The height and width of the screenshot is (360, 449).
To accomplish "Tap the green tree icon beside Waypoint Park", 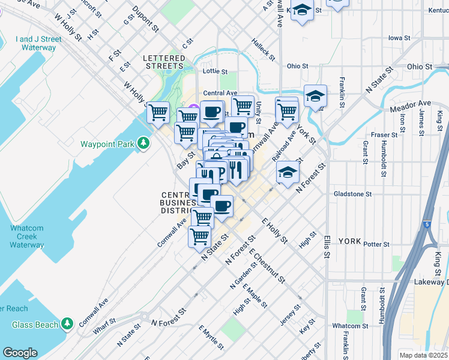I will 143,143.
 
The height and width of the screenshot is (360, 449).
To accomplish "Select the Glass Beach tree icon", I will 67,325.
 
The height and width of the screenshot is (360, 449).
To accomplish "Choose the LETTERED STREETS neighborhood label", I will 163,62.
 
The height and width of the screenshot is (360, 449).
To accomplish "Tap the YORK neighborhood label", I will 349,241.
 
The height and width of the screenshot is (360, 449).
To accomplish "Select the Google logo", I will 20,352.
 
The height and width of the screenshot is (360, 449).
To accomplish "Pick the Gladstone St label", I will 353,194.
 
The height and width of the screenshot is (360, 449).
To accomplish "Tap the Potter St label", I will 377,244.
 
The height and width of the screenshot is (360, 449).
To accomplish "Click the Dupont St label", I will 145,19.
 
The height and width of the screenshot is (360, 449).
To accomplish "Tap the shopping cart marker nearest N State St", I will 199,236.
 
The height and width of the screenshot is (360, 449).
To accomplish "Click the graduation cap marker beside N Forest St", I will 288,172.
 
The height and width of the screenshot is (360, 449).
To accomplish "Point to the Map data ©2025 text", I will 424,355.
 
